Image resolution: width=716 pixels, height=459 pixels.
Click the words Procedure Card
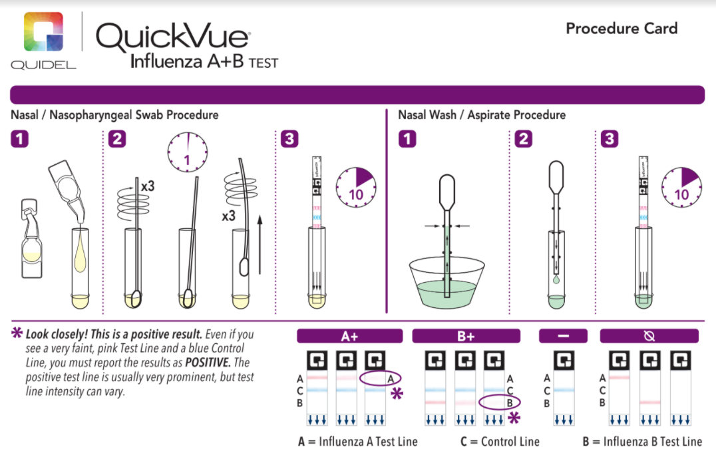pos(621,29)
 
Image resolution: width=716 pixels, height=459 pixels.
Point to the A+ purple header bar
pos(349,336)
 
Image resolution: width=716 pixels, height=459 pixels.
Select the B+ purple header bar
pos(465,336)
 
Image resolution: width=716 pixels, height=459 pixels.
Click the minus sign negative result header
pos(563,336)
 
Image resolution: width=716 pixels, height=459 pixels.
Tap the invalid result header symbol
pos(649,336)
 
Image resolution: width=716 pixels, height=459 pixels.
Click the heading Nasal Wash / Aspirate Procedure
pos(482,115)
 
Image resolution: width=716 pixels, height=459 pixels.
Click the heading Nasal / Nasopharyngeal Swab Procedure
pos(114,115)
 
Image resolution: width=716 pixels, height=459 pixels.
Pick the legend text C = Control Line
pos(500,442)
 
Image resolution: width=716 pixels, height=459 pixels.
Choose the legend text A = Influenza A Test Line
pos(358,442)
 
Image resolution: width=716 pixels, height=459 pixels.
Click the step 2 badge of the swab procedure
pos(118,140)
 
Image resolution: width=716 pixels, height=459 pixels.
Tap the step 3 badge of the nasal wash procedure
pos(609,140)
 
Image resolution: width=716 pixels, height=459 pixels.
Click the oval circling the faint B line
pos(499,402)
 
